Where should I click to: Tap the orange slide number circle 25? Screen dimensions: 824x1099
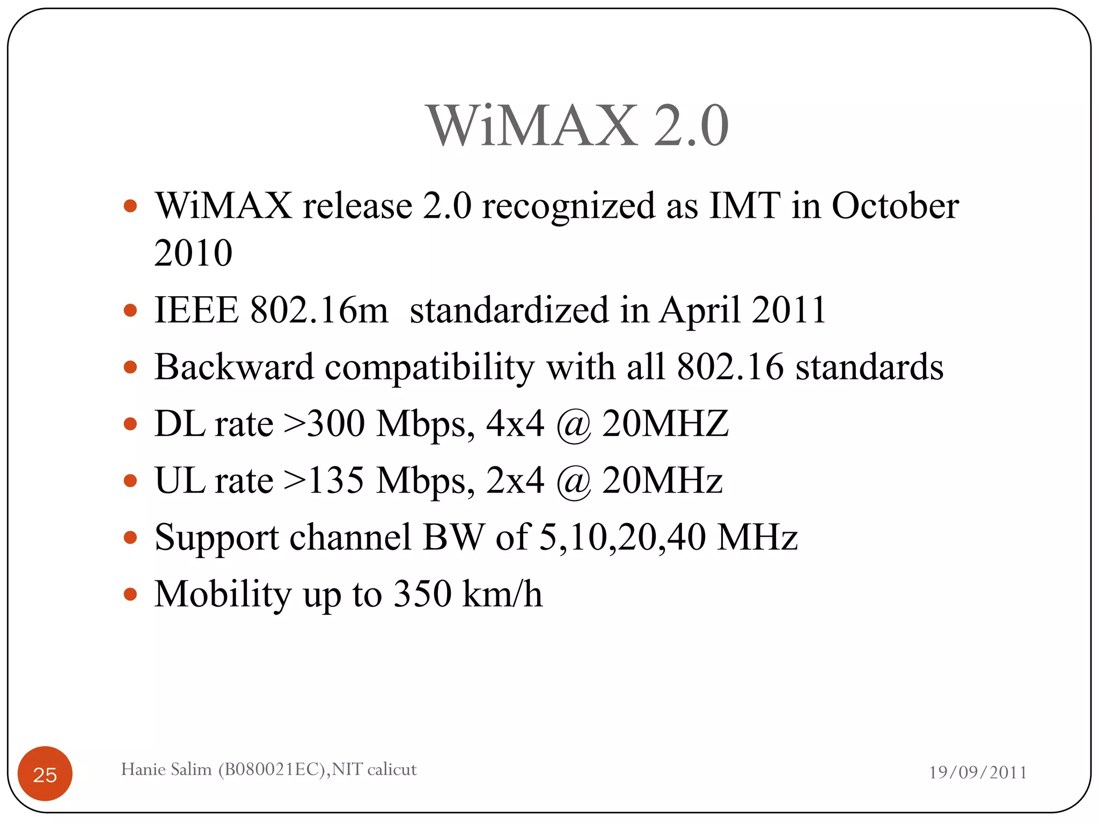click(45, 774)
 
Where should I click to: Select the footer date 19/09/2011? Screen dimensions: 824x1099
click(978, 772)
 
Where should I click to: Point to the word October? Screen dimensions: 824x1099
click(895, 205)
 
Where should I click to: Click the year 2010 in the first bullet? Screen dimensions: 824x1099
click(193, 253)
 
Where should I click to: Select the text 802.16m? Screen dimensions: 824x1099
click(319, 310)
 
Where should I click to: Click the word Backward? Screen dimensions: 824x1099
click(234, 367)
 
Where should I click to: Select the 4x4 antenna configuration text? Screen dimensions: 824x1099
click(515, 424)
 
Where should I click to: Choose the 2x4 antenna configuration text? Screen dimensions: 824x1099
click(515, 480)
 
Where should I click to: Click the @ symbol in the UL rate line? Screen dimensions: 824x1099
click(573, 482)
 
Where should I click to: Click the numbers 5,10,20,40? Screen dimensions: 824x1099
click(622, 537)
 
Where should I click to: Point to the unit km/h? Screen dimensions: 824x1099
click(502, 594)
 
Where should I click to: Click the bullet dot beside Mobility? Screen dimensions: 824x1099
click(130, 594)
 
